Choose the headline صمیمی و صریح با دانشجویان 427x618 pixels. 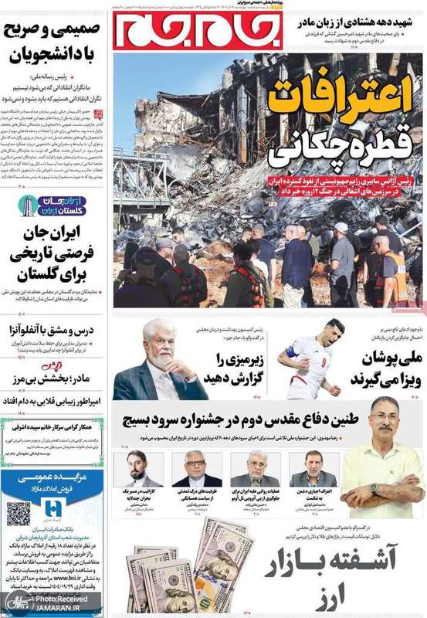pos(53,42)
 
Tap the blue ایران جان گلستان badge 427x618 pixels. pos(53,206)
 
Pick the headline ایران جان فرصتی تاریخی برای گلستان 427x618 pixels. pos(53,255)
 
